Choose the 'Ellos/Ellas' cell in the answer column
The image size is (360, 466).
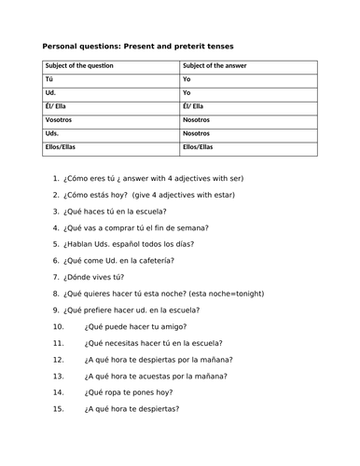point(198,146)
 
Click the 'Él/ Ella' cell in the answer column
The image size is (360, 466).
point(197,107)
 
